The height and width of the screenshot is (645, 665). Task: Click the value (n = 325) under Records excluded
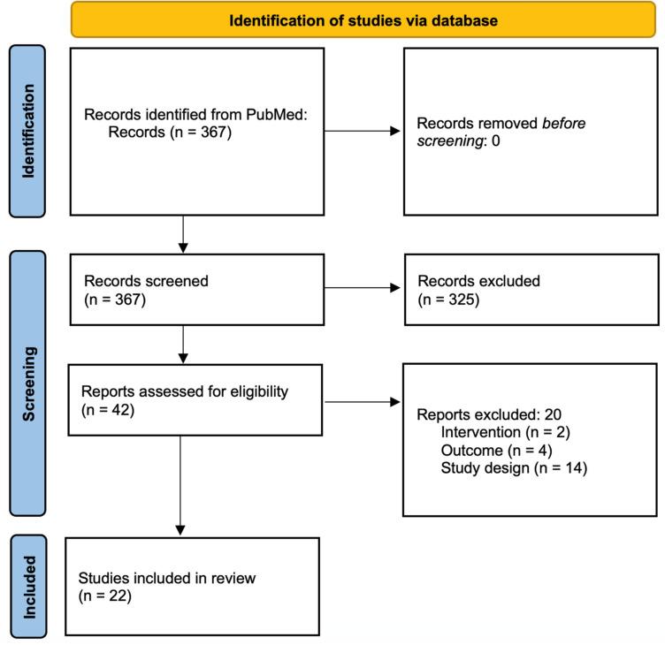click(x=449, y=300)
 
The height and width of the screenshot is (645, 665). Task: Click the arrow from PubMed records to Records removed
click(x=363, y=133)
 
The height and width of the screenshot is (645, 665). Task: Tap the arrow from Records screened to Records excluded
click(x=363, y=287)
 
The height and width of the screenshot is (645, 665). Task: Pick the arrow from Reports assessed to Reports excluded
click(x=363, y=402)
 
